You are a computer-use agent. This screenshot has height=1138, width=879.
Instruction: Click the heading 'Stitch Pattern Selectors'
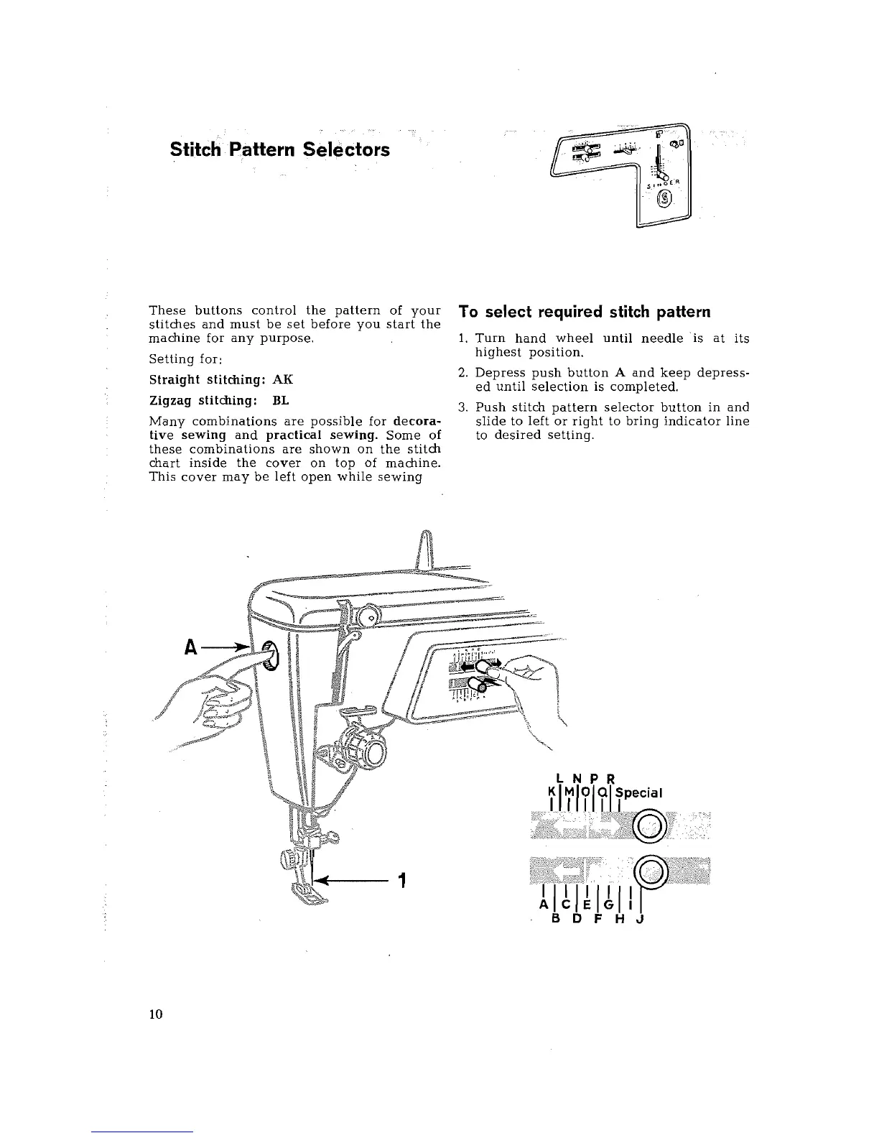tap(280, 150)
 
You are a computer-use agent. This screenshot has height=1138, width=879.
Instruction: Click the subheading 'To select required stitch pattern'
tap(585, 312)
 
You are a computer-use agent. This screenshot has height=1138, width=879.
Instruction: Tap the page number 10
tap(156, 1014)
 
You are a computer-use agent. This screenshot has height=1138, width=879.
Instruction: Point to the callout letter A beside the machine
tap(191, 646)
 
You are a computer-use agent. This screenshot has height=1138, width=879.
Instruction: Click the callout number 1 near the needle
tap(403, 880)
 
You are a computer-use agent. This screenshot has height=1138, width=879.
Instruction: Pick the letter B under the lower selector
tap(556, 924)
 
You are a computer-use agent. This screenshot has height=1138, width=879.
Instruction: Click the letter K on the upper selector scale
tap(551, 792)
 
